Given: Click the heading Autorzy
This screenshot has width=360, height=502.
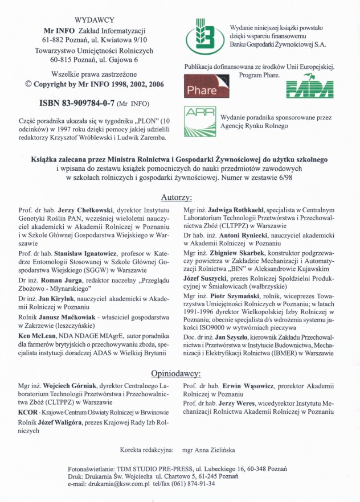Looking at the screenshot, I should pyautogui.click(x=175, y=197).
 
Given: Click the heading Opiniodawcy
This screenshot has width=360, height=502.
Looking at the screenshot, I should pyautogui.click(x=175, y=374).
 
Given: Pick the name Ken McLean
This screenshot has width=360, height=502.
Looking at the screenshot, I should pyautogui.click(x=37, y=336).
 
